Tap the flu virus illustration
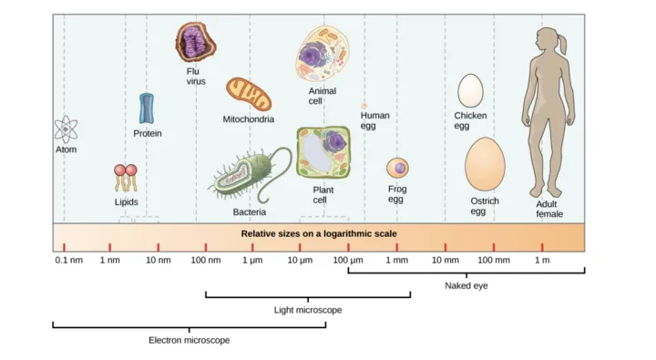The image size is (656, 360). (196, 43)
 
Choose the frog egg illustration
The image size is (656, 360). (397, 169)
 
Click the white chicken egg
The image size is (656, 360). (470, 90)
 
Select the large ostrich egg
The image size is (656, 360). (485, 165)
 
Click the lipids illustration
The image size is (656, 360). (127, 177)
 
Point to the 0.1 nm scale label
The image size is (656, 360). (68, 261)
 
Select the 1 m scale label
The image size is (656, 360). (542, 261)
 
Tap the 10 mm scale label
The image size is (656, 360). (445, 261)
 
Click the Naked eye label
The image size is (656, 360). (466, 286)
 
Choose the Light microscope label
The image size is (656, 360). (308, 311)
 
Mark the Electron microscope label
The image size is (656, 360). (189, 340)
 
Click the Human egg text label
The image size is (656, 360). (374, 120)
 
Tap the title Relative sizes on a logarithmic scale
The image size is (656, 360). (318, 233)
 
